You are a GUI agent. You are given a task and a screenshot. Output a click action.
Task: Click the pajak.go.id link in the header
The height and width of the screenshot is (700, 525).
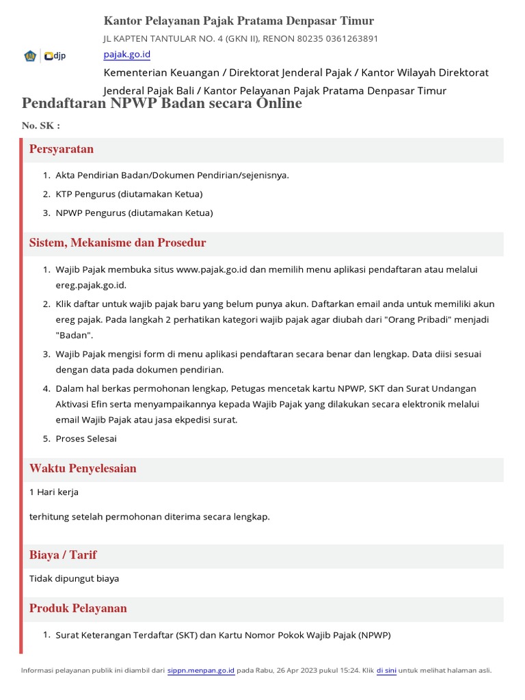[x=126, y=54]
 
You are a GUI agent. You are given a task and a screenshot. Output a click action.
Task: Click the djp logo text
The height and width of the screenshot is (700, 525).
[x=59, y=56]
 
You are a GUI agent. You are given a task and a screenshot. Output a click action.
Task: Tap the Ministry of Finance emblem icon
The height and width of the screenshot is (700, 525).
[x=31, y=56]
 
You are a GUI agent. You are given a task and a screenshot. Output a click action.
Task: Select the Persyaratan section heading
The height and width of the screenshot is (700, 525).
[x=62, y=149]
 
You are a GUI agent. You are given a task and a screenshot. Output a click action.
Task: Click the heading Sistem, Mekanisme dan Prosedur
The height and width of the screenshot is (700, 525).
[x=118, y=243]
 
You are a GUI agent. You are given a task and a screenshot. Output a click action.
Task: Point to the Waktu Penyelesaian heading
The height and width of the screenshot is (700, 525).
[x=83, y=468]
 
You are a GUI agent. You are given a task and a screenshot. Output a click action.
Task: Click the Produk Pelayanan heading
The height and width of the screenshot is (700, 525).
[x=78, y=608]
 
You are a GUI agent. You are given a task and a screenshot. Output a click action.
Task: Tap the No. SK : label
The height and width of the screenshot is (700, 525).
[x=41, y=126]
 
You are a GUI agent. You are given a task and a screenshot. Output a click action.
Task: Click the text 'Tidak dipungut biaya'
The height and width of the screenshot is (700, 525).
[x=74, y=578]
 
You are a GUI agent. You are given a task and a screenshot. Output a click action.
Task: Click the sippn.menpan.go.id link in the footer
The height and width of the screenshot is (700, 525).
[x=201, y=671]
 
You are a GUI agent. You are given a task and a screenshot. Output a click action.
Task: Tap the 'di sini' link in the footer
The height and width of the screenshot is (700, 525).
[x=386, y=671]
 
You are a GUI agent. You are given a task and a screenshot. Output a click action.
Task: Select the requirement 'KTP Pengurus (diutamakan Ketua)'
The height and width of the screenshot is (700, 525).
[x=129, y=194]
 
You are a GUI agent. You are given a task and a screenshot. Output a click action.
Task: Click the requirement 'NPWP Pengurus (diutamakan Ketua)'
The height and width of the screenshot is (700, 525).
[x=134, y=213]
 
